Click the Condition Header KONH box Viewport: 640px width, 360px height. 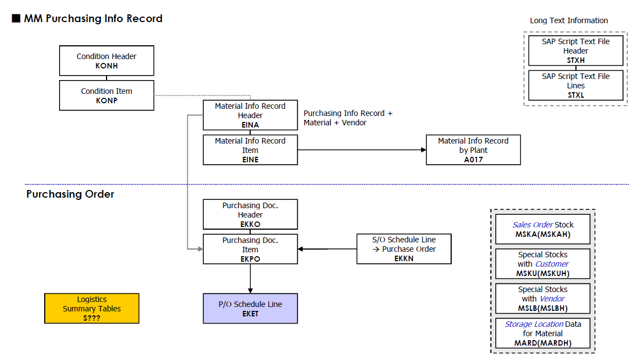(x=107, y=61)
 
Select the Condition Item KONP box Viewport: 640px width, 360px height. (x=107, y=96)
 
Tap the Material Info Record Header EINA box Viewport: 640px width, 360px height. (x=250, y=115)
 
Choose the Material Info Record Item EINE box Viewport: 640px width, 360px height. (x=250, y=150)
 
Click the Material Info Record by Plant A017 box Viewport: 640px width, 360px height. (x=473, y=150)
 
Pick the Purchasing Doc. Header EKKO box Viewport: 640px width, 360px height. (x=250, y=214)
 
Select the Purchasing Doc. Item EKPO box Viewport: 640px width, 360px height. (x=250, y=249)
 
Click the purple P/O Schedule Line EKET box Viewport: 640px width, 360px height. (x=250, y=309)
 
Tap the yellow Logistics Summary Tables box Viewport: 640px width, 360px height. (x=92, y=309)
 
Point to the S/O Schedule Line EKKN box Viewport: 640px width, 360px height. (x=404, y=248)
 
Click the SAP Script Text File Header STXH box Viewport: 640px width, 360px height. (x=575, y=51)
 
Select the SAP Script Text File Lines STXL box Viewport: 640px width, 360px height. (x=575, y=86)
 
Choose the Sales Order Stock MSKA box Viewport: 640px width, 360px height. (x=543, y=229)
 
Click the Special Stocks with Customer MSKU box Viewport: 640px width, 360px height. (x=543, y=264)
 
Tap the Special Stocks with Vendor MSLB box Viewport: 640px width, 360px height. (x=543, y=299)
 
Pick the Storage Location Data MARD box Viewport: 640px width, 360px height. (x=543, y=333)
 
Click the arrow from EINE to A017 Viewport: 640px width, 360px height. (x=362, y=150)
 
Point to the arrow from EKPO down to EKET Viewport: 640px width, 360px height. (x=250, y=279)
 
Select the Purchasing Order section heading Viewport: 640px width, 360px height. (x=70, y=194)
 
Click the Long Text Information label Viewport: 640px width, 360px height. (x=569, y=20)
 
